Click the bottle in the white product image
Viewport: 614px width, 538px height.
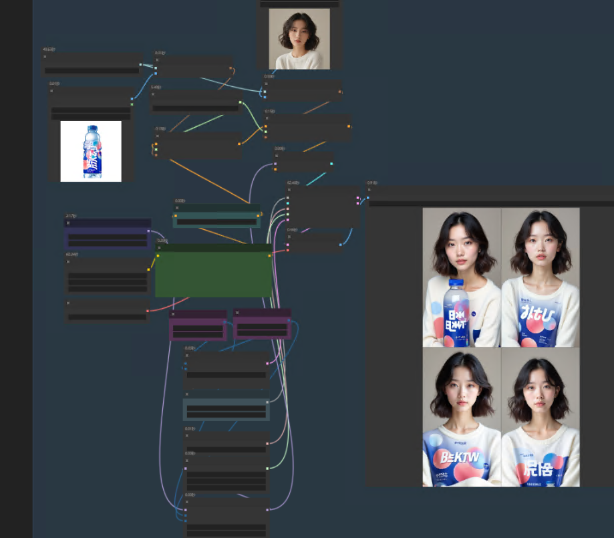point(92,152)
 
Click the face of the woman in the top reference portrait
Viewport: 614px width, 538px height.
point(298,37)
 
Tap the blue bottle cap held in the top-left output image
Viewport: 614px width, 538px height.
point(456,283)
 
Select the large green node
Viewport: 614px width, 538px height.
point(214,274)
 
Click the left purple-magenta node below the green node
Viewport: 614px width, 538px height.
point(198,326)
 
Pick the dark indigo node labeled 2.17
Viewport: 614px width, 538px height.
point(108,233)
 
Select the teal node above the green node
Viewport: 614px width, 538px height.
point(217,216)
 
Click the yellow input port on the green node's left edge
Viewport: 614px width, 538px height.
point(158,255)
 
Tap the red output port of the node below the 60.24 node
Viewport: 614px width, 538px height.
point(148,310)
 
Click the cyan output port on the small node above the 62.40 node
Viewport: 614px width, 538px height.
point(331,163)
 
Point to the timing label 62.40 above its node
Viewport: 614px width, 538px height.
point(293,182)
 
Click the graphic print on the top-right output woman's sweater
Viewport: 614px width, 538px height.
point(540,317)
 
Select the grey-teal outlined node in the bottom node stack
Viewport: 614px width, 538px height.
point(226,410)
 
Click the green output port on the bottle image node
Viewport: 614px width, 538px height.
point(132,104)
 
